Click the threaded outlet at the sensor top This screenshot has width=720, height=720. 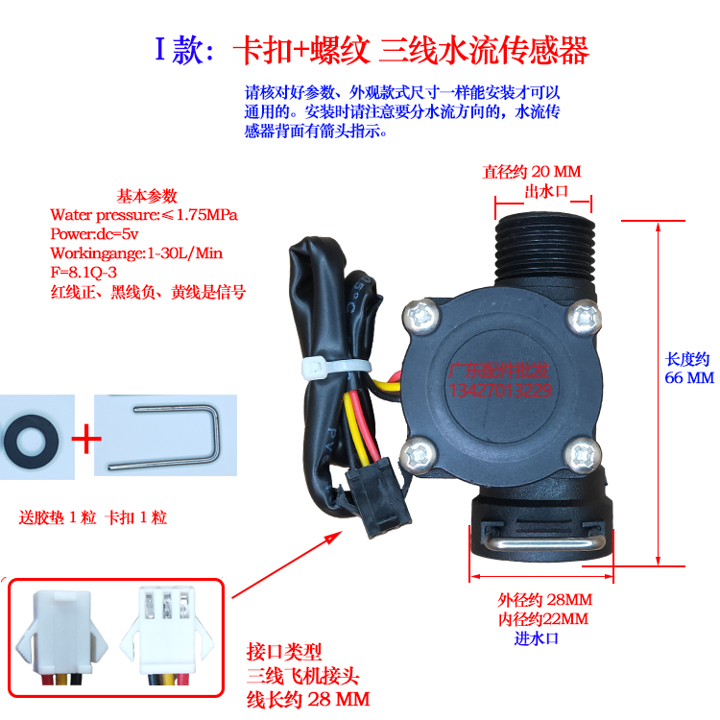[543, 252]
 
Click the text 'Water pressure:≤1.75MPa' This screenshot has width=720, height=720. [144, 214]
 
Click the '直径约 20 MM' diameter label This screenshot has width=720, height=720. [531, 173]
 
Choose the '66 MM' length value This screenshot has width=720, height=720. [689, 378]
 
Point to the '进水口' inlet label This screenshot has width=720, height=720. [537, 637]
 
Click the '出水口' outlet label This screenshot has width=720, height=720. [546, 192]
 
